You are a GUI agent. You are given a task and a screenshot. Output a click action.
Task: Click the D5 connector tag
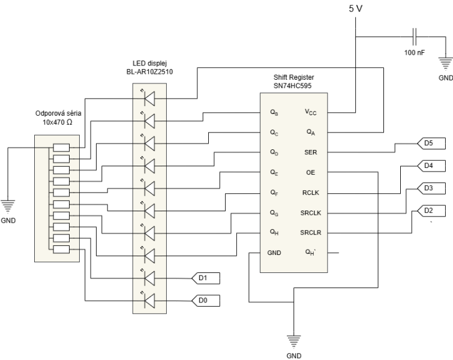[431, 143]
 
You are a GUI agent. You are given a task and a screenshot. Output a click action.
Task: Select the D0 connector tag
[206, 301]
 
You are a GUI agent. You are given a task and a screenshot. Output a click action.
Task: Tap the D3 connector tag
[431, 188]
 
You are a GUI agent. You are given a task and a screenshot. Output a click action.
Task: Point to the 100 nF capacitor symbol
[415, 37]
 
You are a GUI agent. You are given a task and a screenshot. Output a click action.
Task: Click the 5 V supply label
[355, 8]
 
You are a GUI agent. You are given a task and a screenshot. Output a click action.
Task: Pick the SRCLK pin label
[311, 213]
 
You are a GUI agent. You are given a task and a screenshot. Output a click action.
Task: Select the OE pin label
[311, 172]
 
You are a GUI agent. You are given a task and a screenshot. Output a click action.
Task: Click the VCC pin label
[311, 112]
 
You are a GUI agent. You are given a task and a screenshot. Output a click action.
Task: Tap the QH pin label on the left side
[274, 232]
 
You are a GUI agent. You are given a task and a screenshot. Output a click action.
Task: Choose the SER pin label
[311, 152]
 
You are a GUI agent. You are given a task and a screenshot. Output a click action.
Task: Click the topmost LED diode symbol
[149, 98]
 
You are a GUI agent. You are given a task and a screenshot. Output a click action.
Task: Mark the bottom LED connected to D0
[149, 301]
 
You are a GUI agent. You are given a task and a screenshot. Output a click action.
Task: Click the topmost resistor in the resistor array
[61, 148]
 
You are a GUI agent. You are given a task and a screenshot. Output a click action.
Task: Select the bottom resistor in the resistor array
[61, 250]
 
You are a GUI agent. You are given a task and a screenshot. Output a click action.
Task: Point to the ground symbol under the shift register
[294, 341]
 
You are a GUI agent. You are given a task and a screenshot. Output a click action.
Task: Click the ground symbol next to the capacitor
[446, 64]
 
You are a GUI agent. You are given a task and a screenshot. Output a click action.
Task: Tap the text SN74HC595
[292, 86]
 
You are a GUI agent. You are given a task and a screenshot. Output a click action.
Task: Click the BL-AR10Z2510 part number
[149, 71]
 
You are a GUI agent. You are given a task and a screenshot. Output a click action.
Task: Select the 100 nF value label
[415, 53]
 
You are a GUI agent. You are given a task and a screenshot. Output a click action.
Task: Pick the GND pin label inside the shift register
[274, 253]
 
